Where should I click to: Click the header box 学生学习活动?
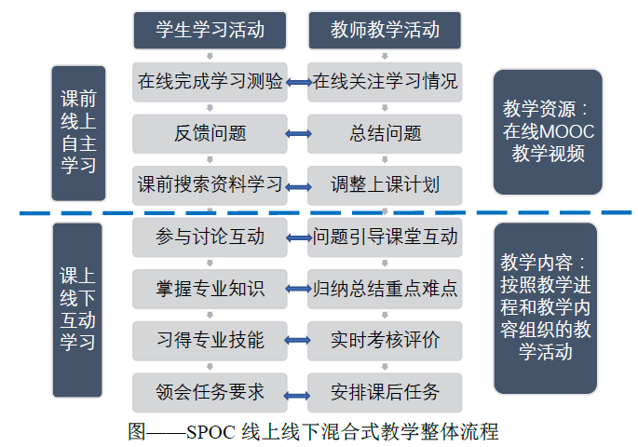click(x=210, y=30)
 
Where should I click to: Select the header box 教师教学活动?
click(x=385, y=30)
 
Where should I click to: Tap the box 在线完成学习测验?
click(x=210, y=82)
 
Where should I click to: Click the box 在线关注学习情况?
click(x=385, y=82)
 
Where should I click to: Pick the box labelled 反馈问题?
click(x=210, y=133)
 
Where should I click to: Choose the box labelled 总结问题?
click(x=385, y=133)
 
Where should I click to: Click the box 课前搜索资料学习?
click(x=210, y=184)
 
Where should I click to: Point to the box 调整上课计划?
click(x=385, y=184)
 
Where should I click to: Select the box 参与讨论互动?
click(x=210, y=237)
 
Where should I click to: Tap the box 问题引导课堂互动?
click(x=385, y=237)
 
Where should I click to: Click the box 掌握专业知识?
click(x=210, y=289)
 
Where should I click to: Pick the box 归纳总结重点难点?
click(x=385, y=289)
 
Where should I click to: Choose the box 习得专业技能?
click(x=210, y=340)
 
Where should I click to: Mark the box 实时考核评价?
click(x=385, y=340)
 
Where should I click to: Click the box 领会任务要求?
click(x=210, y=391)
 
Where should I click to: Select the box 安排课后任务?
click(x=385, y=391)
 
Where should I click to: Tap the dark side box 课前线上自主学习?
click(x=78, y=133)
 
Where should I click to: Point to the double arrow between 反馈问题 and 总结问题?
click(x=298, y=134)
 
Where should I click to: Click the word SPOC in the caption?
click(x=211, y=432)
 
